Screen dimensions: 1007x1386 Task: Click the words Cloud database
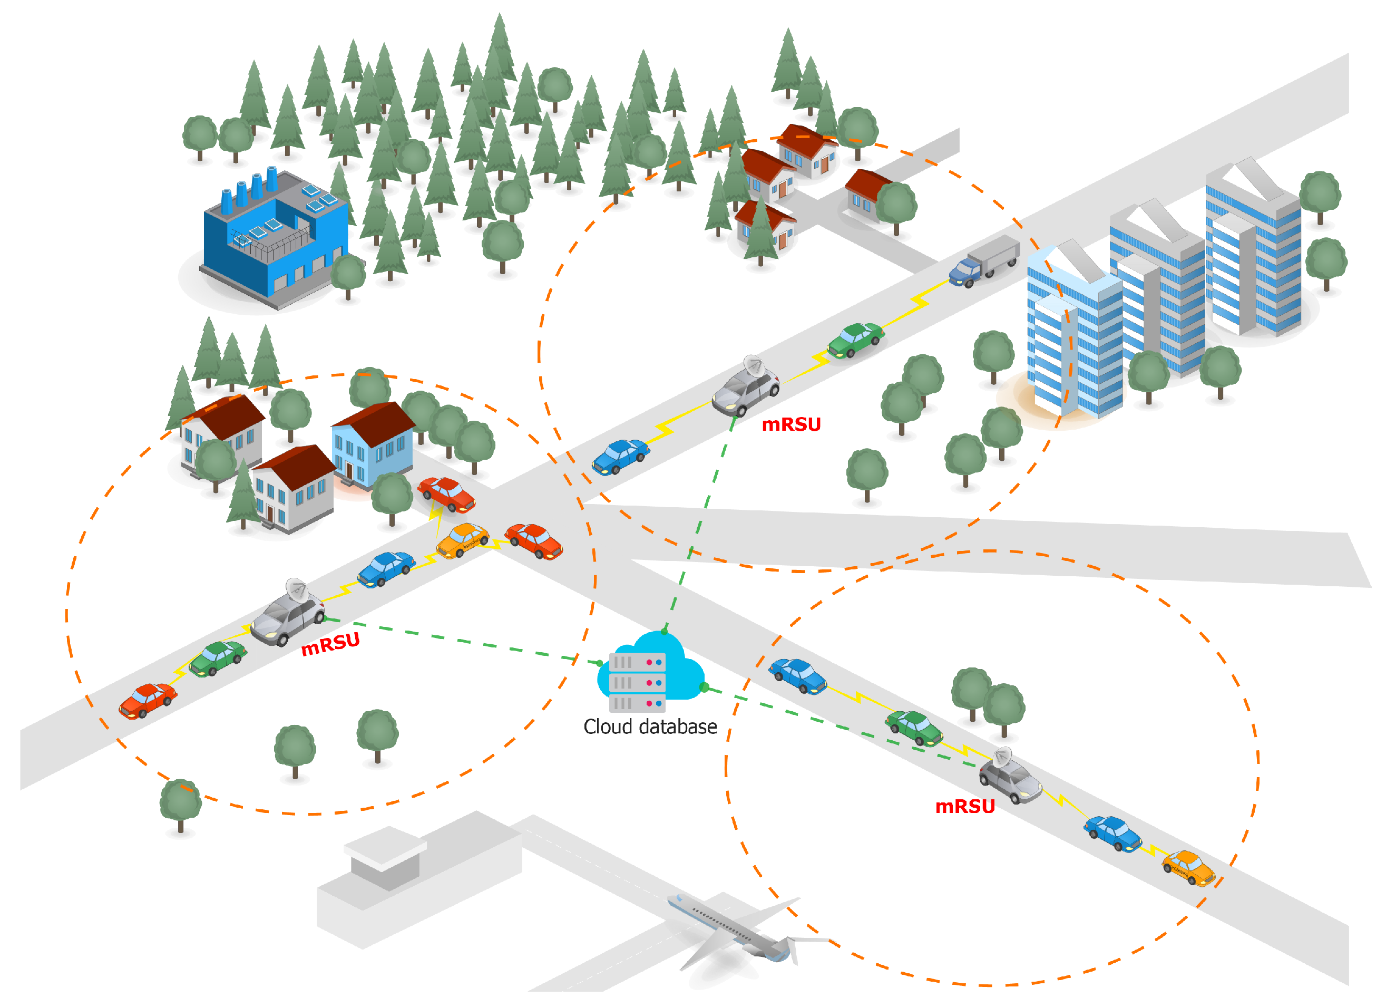pos(650,727)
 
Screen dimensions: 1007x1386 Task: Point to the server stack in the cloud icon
pos(637,682)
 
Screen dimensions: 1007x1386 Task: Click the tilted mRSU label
pos(330,644)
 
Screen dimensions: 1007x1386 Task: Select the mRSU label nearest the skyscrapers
pos(791,424)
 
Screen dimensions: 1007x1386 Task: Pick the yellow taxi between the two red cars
pos(463,540)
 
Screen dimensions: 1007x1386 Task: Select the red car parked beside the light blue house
pos(446,493)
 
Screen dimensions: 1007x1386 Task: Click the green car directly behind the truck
pos(855,340)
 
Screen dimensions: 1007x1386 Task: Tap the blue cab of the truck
pos(965,272)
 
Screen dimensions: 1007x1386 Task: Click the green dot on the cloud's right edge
pos(704,687)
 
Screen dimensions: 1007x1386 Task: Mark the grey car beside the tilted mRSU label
pos(287,617)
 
